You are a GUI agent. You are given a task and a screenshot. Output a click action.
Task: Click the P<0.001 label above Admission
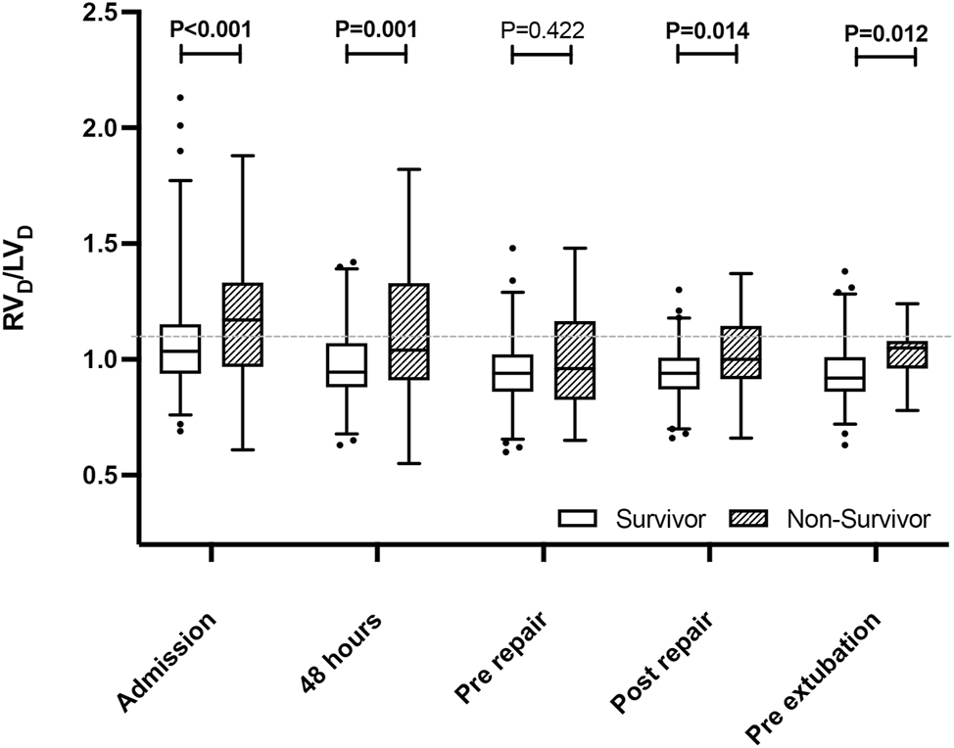point(211,28)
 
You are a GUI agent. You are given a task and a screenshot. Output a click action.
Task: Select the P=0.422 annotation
point(542,29)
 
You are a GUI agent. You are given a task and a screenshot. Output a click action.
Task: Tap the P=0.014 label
point(707,29)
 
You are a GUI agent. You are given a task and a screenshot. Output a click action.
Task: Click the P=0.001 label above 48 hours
point(376,28)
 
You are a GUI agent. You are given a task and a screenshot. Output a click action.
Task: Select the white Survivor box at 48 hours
point(347,364)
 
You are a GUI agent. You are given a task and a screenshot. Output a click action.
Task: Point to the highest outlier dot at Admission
point(179,98)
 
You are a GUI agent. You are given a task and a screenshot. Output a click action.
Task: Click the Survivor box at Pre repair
point(512,373)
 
